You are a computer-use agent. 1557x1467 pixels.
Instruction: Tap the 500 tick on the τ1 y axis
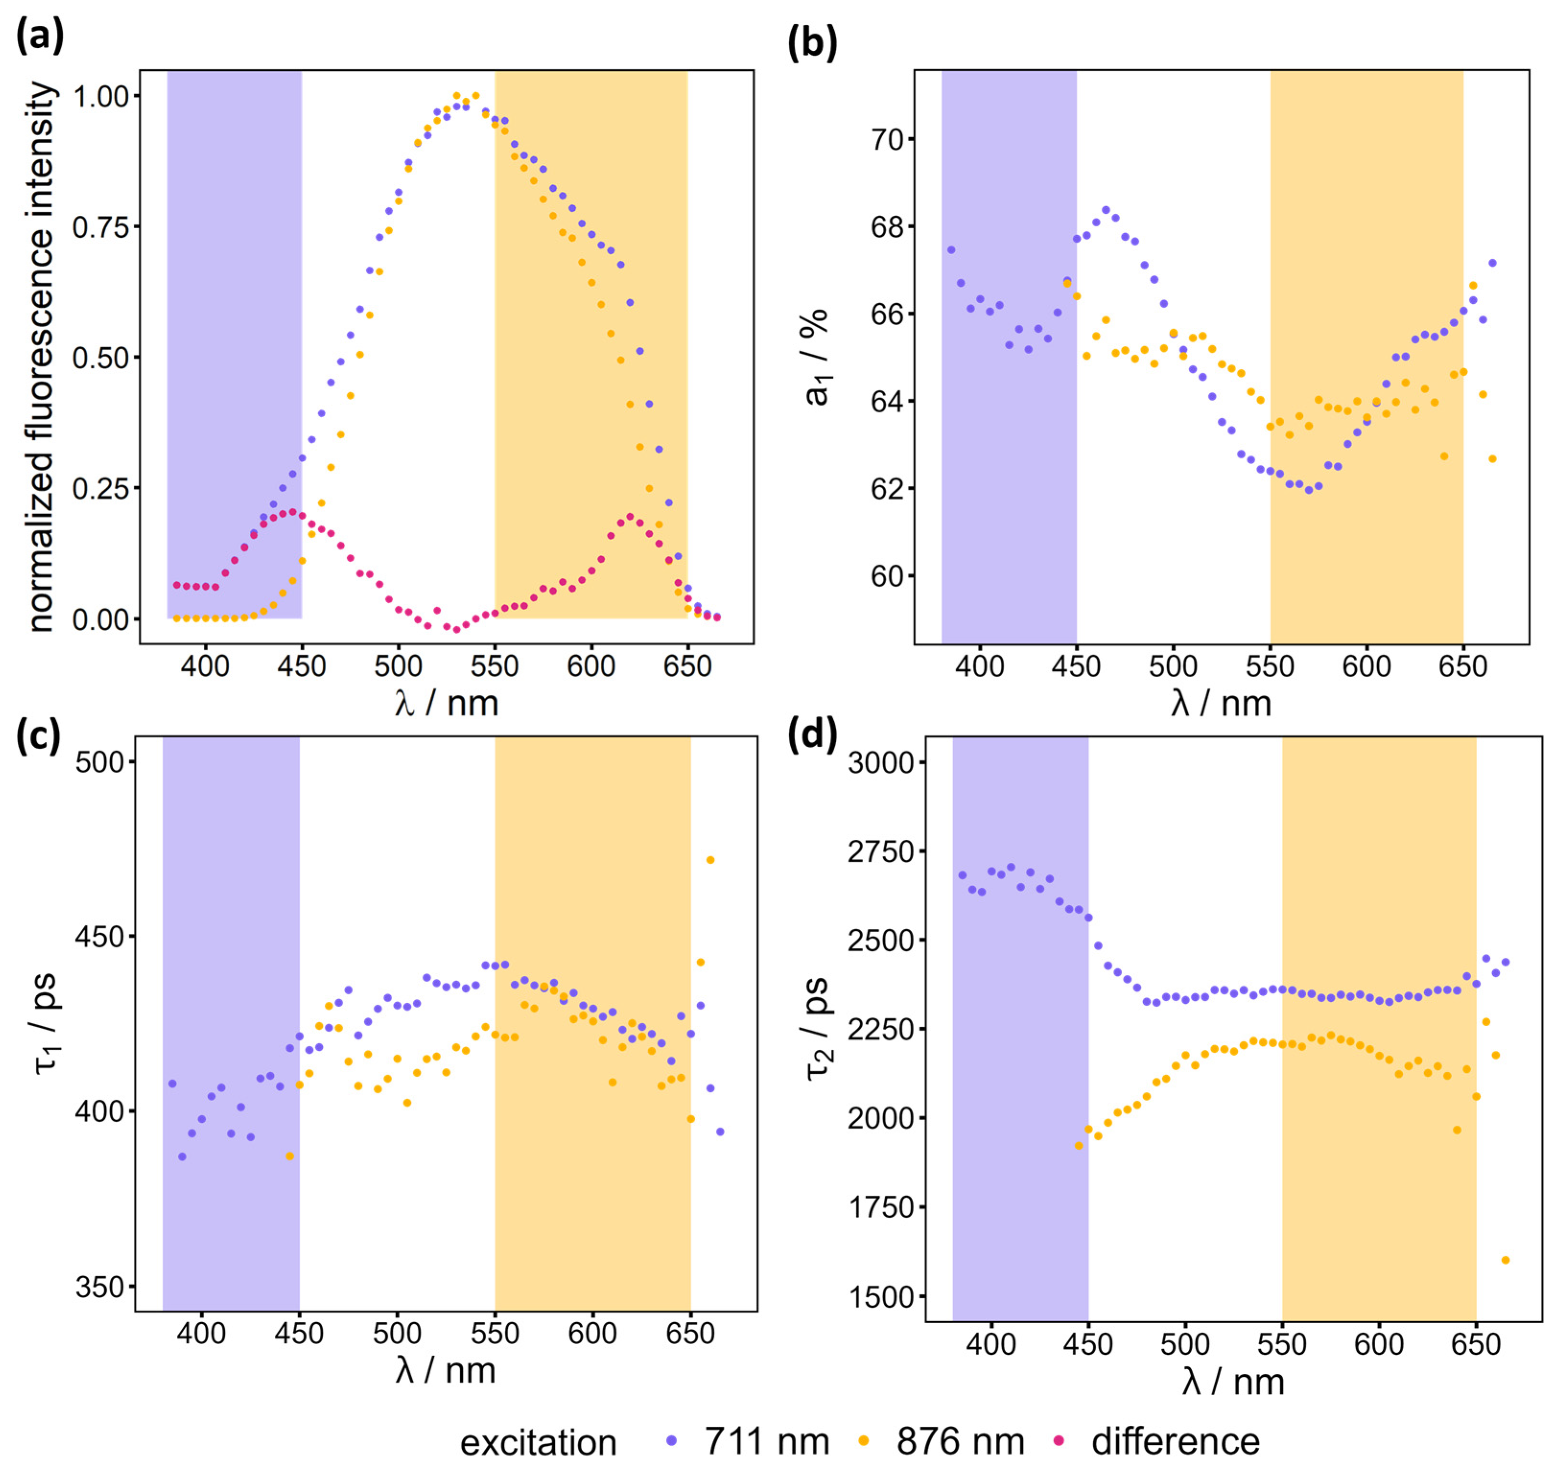click(100, 761)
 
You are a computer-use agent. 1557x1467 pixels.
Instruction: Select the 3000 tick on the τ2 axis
click(880, 761)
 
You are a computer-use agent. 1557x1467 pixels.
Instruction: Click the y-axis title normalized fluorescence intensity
click(43, 356)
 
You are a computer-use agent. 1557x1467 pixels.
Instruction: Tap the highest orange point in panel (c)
click(710, 860)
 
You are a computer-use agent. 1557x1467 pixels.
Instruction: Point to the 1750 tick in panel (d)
click(880, 1208)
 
